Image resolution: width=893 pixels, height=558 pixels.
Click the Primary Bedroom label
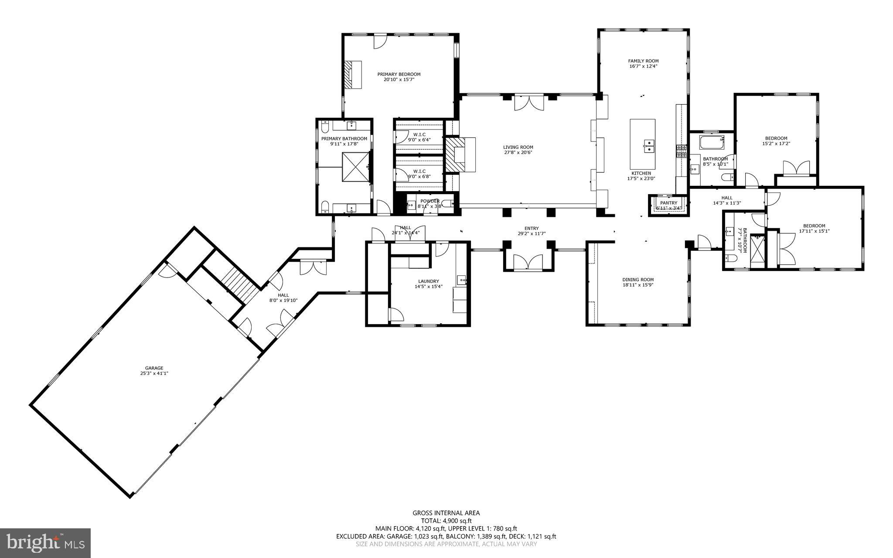(x=399, y=74)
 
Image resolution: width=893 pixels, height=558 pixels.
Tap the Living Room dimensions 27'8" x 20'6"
(x=518, y=152)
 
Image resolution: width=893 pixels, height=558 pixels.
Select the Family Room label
(x=643, y=61)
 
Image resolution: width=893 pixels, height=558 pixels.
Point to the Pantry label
(x=668, y=203)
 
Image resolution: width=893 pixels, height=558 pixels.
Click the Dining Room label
(x=637, y=279)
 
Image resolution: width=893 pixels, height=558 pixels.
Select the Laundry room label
(x=428, y=281)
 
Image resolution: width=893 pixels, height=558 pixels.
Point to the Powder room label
(x=430, y=201)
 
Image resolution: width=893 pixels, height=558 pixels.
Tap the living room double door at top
(x=528, y=103)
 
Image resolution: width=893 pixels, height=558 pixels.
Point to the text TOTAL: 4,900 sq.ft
(x=446, y=520)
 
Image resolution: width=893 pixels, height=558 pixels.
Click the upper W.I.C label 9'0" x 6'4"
(x=419, y=134)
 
